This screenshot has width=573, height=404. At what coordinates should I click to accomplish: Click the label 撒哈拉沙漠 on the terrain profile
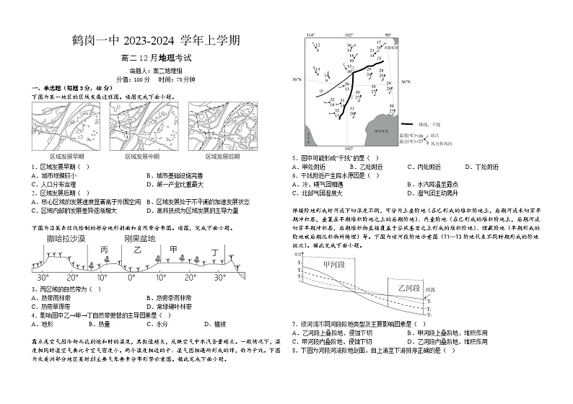66,237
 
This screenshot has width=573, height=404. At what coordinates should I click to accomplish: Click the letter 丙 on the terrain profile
103,250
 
